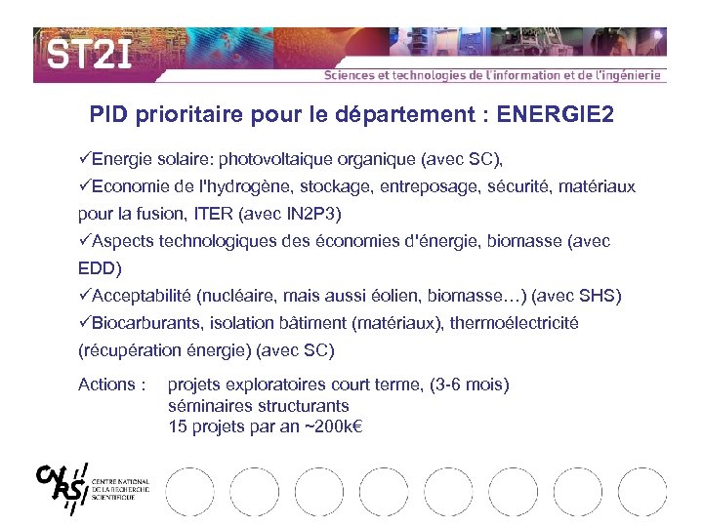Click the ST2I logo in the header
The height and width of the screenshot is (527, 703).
[x=89, y=53]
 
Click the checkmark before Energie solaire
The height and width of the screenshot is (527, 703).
[x=84, y=158]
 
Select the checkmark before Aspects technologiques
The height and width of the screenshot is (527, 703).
[x=84, y=240]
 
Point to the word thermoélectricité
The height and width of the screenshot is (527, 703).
[x=514, y=322]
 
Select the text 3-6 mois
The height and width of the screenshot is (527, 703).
[x=471, y=385]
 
